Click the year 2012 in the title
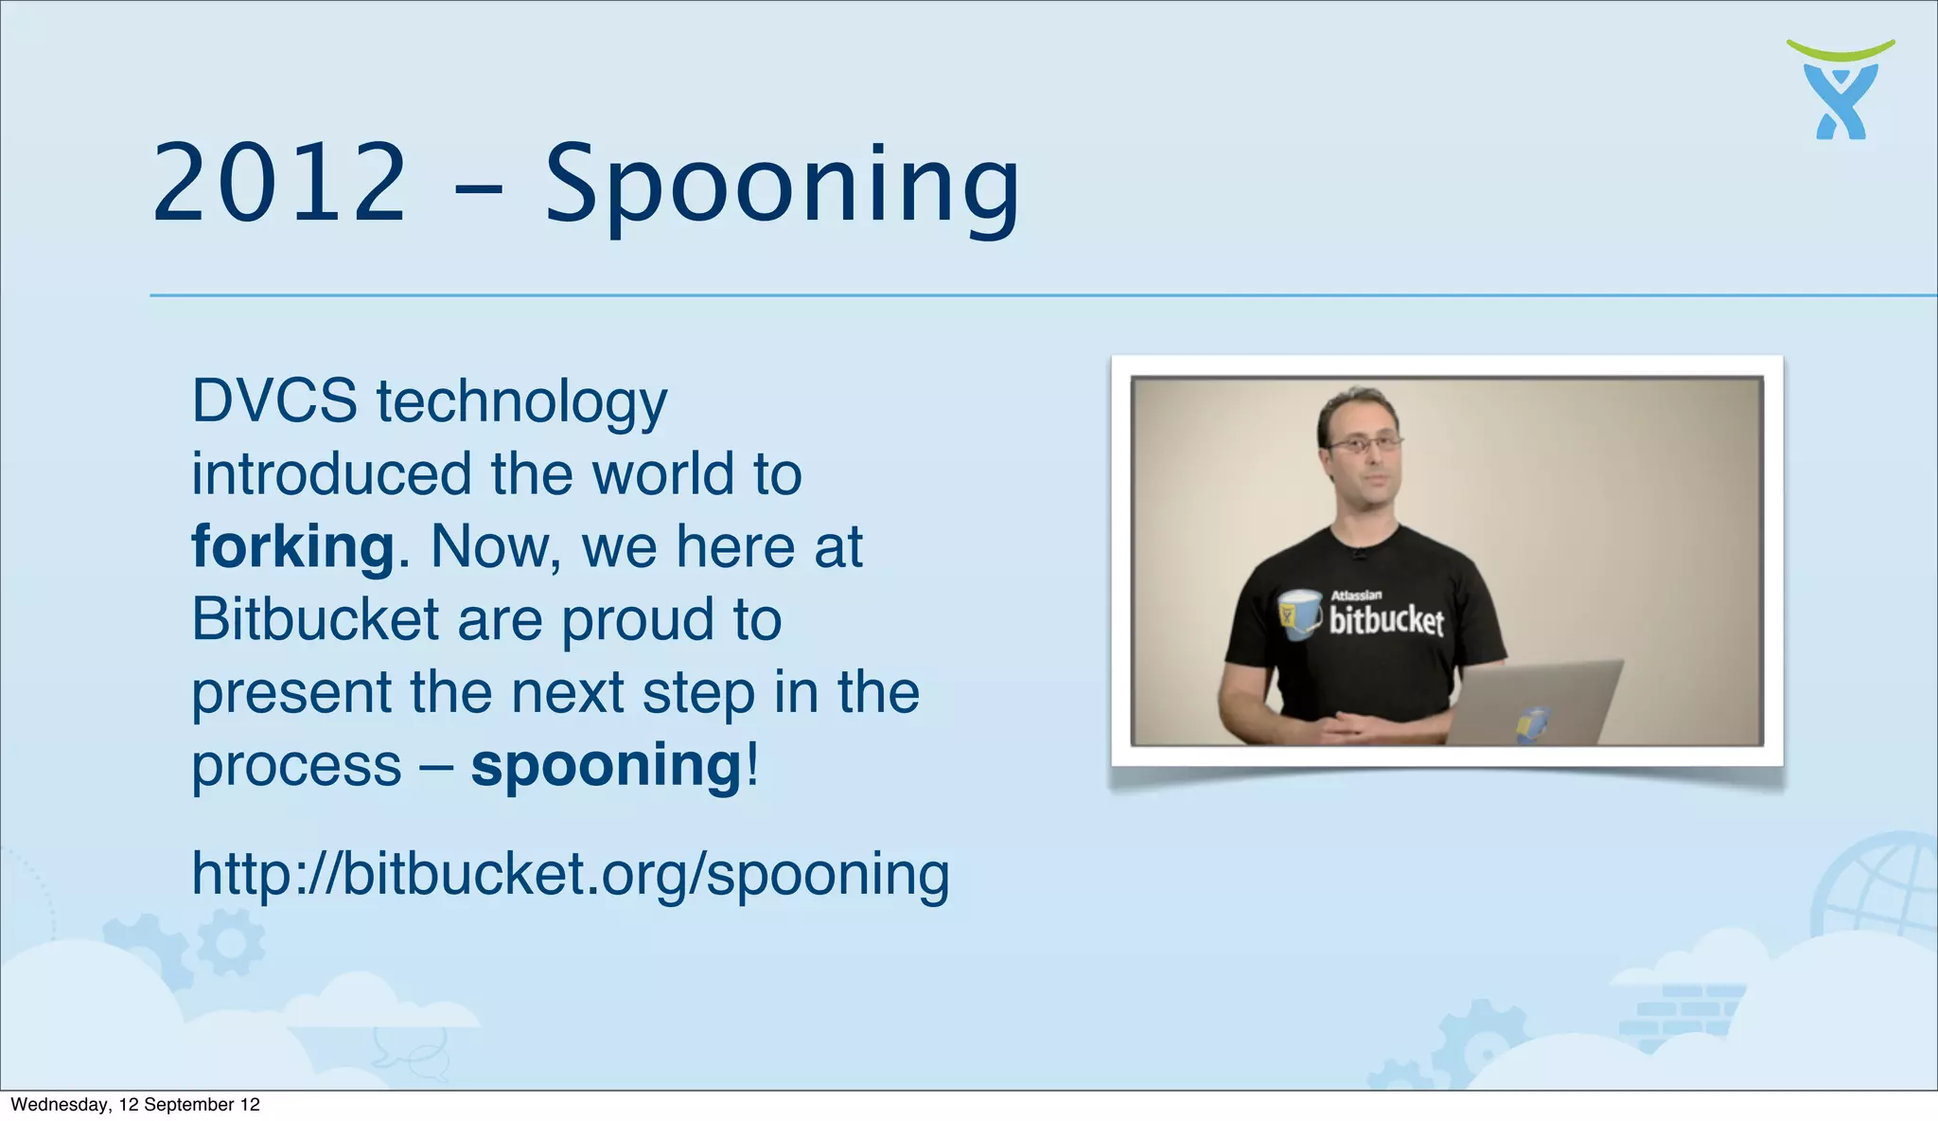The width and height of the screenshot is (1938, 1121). [x=279, y=183]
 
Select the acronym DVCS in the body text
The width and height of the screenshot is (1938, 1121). [x=274, y=400]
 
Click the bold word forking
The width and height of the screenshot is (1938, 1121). [x=292, y=547]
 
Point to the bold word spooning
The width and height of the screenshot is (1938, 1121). [x=607, y=765]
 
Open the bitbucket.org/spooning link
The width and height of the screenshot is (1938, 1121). [x=570, y=873]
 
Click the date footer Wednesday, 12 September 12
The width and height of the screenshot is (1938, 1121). [x=135, y=1104]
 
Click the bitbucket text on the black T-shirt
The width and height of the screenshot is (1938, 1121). [x=1386, y=621]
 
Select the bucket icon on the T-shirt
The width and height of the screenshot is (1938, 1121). [x=1299, y=614]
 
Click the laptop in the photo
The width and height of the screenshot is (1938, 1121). [x=1533, y=703]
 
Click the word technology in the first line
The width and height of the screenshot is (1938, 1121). [x=521, y=400]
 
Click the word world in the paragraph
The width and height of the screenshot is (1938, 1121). [x=663, y=473]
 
